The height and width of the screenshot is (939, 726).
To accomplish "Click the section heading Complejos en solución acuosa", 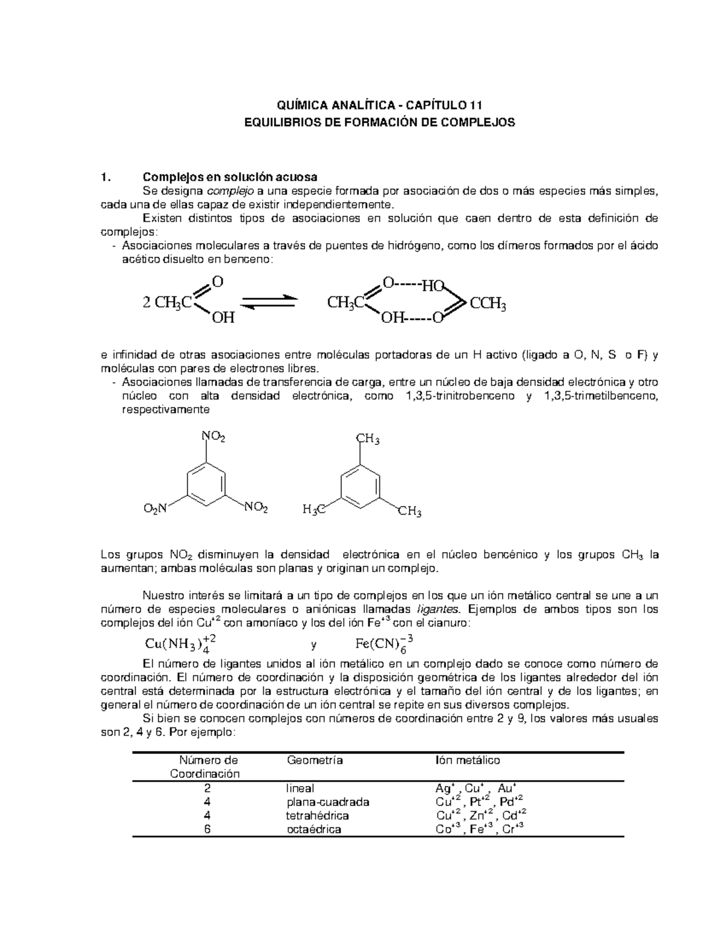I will tap(229, 177).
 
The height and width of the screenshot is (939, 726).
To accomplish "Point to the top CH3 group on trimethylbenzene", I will tap(367, 440).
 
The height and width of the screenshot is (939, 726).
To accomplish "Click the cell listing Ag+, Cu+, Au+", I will tap(475, 788).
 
